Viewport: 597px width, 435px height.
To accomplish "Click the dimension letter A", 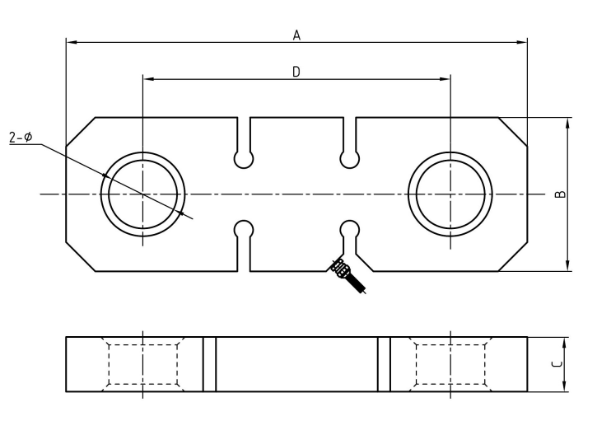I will point(296,35).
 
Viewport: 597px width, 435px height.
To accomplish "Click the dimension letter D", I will point(296,72).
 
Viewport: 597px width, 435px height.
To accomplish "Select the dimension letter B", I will point(559,194).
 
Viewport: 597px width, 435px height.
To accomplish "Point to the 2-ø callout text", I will point(21,137).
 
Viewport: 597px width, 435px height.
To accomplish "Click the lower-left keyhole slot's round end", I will point(244,229).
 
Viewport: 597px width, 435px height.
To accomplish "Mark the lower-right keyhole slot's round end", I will point(350,229).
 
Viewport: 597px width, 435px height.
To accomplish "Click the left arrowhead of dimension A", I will point(71,41).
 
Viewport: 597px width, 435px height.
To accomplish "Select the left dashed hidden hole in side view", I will point(142,363).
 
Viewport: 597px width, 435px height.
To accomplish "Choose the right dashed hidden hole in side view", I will point(450,363).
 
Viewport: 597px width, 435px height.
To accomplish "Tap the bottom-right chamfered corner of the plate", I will point(512,256).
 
